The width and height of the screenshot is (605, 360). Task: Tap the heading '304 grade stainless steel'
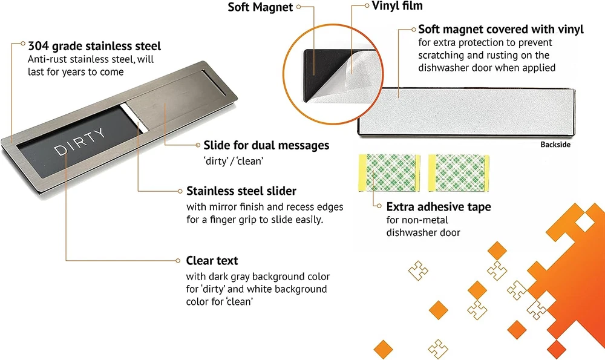[94, 45]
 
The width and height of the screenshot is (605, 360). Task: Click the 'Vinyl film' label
[397, 6]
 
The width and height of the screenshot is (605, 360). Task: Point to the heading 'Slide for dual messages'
[266, 145]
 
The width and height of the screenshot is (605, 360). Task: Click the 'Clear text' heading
[212, 261]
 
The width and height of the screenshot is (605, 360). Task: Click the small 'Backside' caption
[555, 145]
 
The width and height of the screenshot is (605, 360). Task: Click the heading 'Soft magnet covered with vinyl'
[500, 29]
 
